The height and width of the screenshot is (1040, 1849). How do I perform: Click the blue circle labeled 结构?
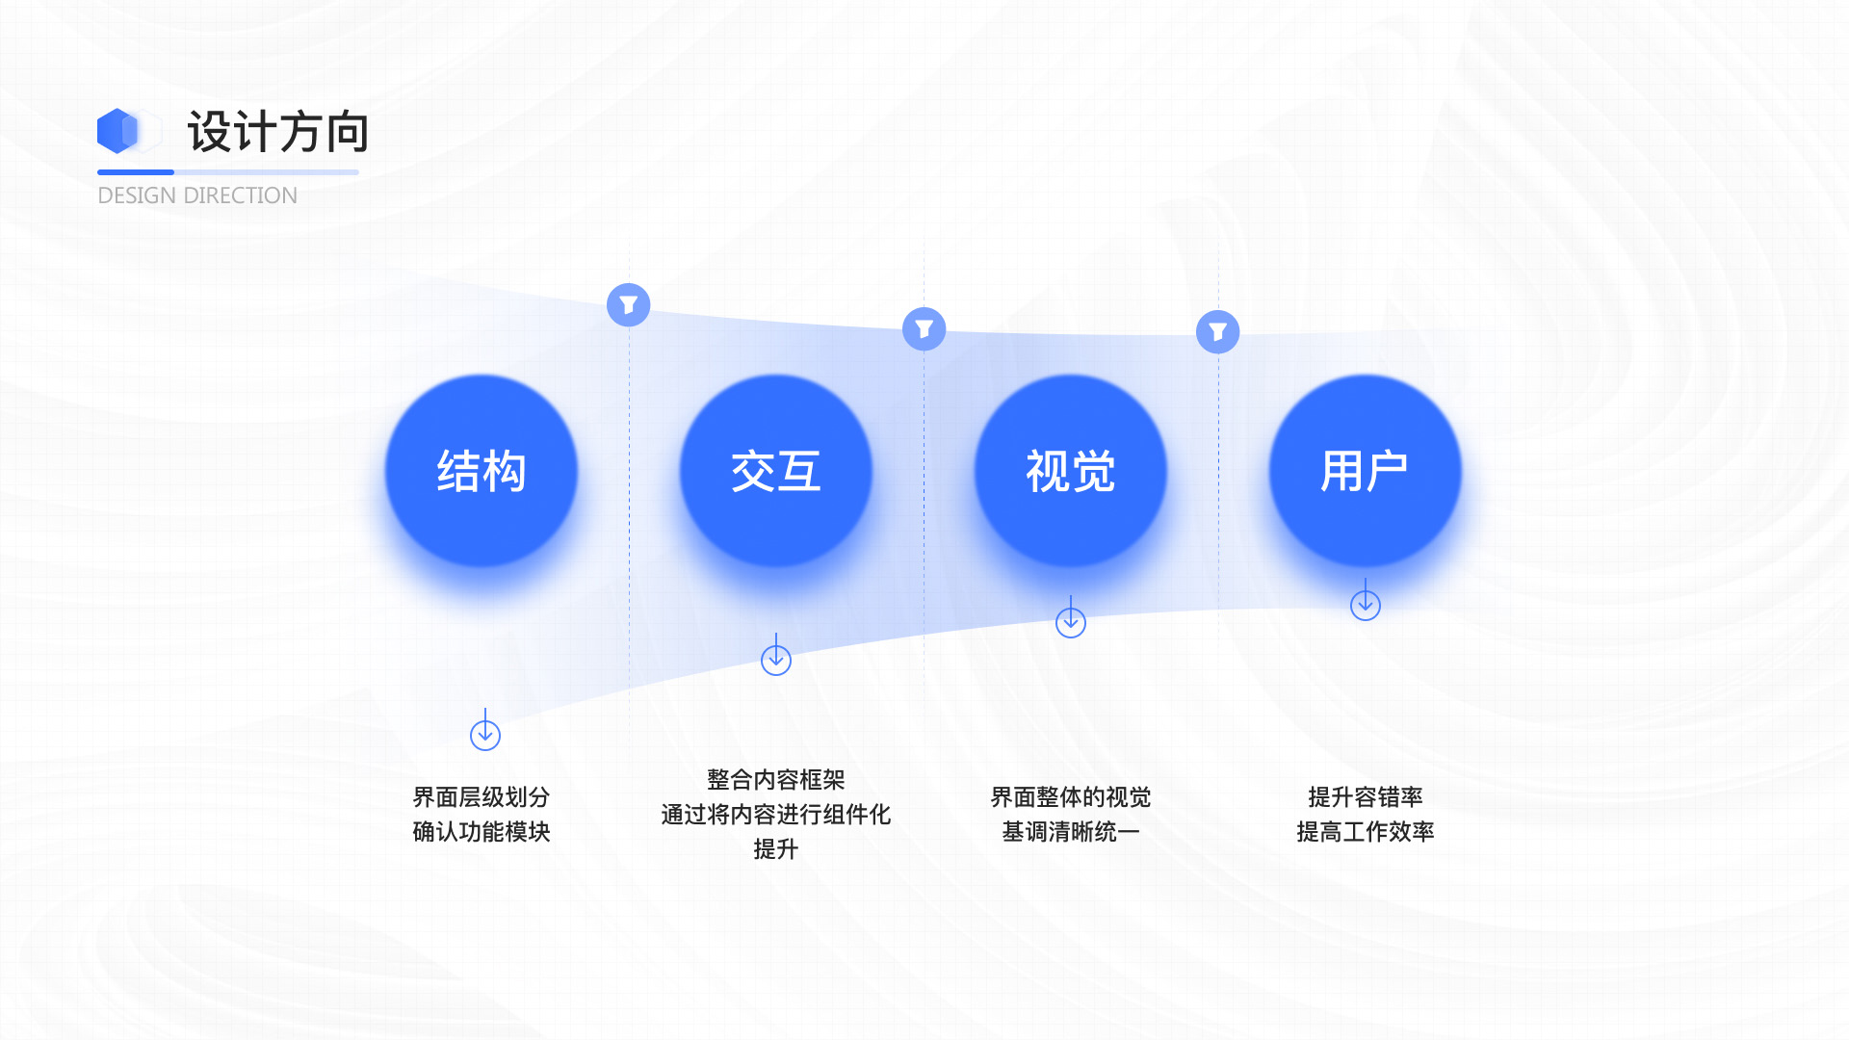482,471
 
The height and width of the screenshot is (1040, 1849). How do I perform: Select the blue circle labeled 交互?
776,471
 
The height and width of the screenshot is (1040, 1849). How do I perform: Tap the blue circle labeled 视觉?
1071,471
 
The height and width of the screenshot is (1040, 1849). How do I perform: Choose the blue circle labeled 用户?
1366,471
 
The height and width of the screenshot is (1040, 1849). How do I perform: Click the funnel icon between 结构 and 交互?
629,305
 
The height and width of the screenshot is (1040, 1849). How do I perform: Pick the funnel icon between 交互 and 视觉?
924,329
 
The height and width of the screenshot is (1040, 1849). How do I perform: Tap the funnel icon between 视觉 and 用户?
1218,332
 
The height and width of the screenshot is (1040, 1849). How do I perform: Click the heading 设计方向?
278,132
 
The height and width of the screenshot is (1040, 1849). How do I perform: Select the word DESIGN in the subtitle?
137,195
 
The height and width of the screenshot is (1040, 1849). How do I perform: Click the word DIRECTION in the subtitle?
241,195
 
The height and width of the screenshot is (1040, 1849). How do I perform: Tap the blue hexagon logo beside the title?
118,131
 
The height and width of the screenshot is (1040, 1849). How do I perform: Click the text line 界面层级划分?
482,797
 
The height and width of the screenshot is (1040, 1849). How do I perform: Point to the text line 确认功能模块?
482,832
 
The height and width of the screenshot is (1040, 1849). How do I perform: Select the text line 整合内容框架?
776,780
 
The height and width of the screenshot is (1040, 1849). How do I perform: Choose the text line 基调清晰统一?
1071,832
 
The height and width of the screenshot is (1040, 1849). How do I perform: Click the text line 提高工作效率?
1366,832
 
